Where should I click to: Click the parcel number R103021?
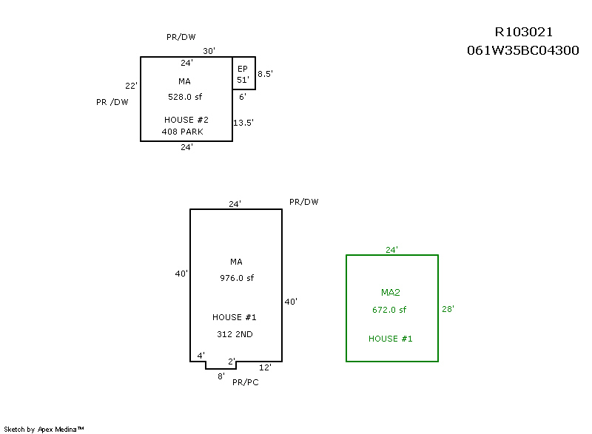(x=523, y=33)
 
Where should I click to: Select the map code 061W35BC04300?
(x=522, y=51)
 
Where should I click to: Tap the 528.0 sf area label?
(x=186, y=97)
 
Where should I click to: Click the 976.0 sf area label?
(x=236, y=278)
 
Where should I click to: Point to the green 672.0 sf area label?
(x=389, y=310)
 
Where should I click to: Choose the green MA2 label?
(x=390, y=293)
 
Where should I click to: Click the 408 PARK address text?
(x=182, y=132)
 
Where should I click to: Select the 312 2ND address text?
(x=235, y=334)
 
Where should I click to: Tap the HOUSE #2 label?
(x=186, y=120)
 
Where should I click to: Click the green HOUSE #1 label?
(x=390, y=339)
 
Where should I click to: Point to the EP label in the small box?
(x=242, y=68)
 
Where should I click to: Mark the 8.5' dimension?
(x=266, y=74)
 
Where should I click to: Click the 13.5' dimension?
(x=243, y=123)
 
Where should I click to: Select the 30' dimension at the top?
(x=209, y=51)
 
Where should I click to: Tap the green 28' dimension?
(x=448, y=309)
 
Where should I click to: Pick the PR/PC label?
(x=245, y=382)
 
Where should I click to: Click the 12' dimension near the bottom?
(x=265, y=367)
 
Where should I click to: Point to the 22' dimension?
(x=132, y=86)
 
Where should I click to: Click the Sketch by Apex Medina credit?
(x=44, y=429)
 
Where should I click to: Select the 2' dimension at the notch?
(x=232, y=362)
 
